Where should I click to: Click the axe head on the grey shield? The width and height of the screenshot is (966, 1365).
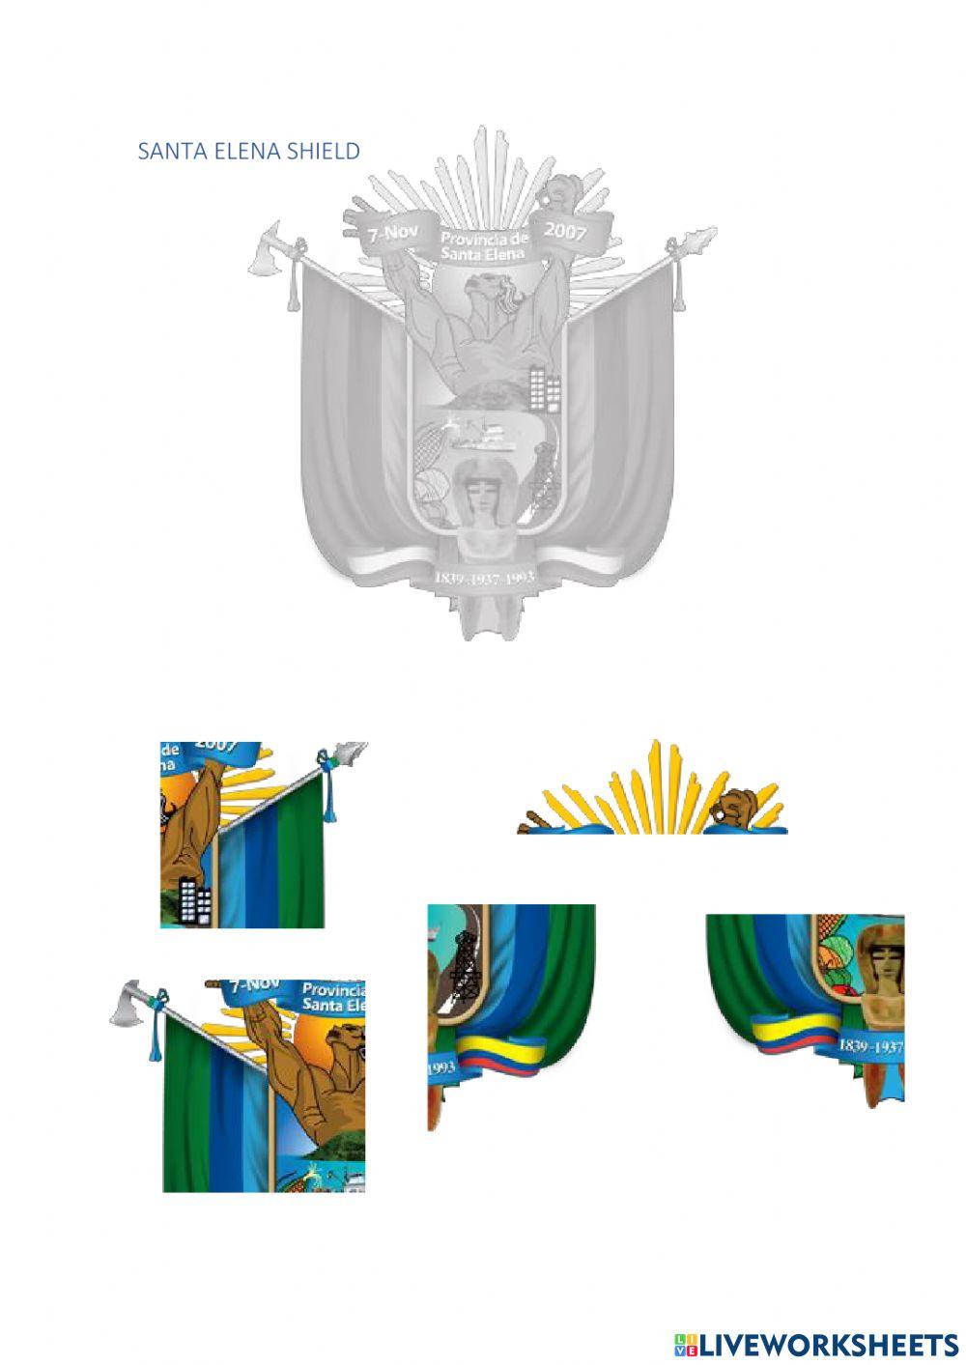click(x=265, y=252)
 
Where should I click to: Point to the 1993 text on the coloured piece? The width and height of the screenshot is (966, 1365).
click(x=440, y=1067)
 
